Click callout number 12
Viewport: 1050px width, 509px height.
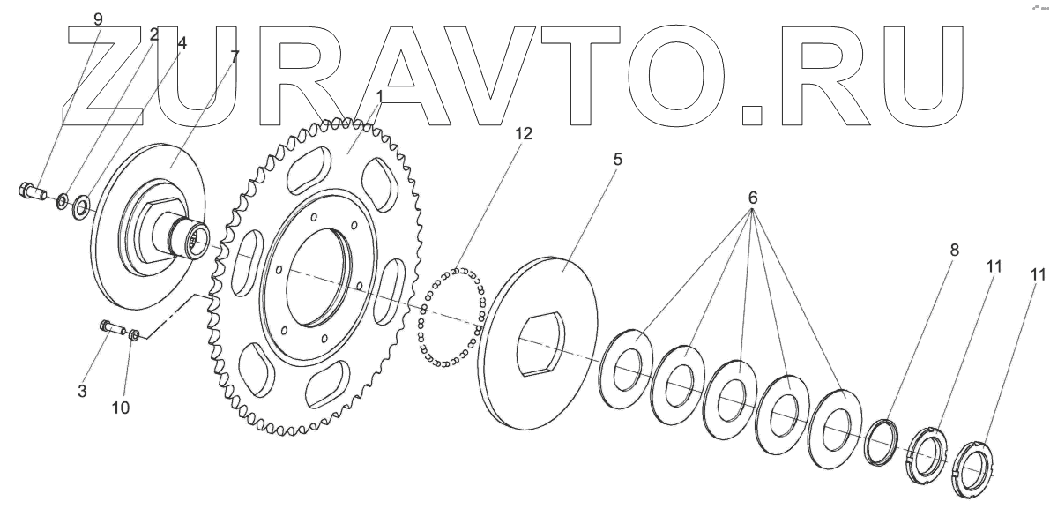523,134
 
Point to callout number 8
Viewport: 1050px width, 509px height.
954,251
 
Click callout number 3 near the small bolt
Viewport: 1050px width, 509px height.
82,390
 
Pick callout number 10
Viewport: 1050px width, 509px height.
121,408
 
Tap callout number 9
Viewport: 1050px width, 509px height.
97,19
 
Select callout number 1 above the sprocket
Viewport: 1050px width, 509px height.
379,94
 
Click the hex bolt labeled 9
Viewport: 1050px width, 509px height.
29,190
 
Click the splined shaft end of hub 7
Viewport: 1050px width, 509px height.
197,240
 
